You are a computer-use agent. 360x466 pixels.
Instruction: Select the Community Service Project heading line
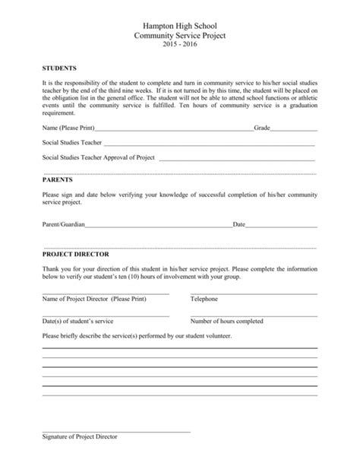[x=180, y=35]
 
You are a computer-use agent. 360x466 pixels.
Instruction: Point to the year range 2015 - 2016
[x=180, y=45]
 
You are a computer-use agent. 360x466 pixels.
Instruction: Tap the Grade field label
[x=262, y=128]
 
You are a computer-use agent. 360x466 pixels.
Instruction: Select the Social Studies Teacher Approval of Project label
[x=99, y=157]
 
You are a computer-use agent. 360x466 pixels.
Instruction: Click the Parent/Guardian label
[x=64, y=225]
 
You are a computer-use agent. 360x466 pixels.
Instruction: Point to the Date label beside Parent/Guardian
[x=238, y=225]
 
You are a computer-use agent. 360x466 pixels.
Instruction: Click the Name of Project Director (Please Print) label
[x=93, y=299]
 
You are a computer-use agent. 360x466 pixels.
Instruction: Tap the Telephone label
[x=204, y=299]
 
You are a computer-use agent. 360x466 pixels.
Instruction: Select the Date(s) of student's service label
[x=77, y=321]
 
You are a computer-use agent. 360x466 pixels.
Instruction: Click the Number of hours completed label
[x=227, y=321]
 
